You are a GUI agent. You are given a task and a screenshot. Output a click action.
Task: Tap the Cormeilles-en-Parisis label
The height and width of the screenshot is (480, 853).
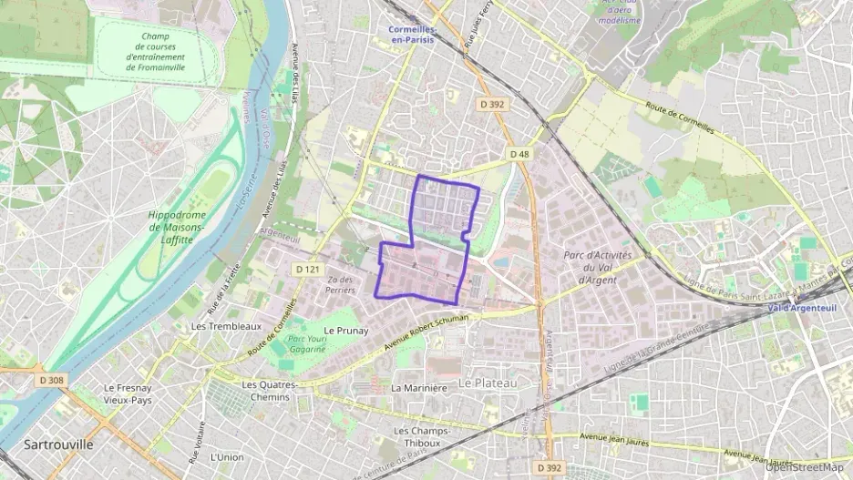407,35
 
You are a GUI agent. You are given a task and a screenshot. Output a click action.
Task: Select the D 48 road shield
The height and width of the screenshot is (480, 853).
519,154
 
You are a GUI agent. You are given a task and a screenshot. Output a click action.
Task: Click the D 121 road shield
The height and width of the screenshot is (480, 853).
306,270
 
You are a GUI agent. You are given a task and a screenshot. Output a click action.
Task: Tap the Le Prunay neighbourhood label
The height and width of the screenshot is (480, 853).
346,331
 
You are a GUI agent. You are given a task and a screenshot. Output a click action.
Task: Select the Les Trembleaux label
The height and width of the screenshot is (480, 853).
226,325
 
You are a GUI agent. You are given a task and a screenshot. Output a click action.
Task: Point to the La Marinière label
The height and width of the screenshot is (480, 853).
418,387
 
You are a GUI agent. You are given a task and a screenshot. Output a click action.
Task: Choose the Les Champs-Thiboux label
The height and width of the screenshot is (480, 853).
417,436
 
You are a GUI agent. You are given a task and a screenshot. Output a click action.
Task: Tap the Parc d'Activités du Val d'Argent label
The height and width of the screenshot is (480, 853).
598,268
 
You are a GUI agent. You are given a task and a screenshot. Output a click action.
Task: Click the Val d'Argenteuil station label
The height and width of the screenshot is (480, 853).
802,308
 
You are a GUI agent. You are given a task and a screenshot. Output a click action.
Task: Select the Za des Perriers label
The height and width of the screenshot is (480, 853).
340,284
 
